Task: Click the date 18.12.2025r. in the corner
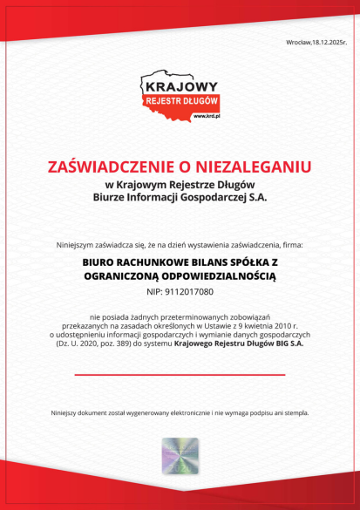click(x=331, y=42)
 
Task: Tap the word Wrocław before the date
click(x=298, y=42)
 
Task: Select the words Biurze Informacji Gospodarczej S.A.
click(x=180, y=197)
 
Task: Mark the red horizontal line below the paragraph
click(x=180, y=374)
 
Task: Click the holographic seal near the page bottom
click(x=180, y=456)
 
